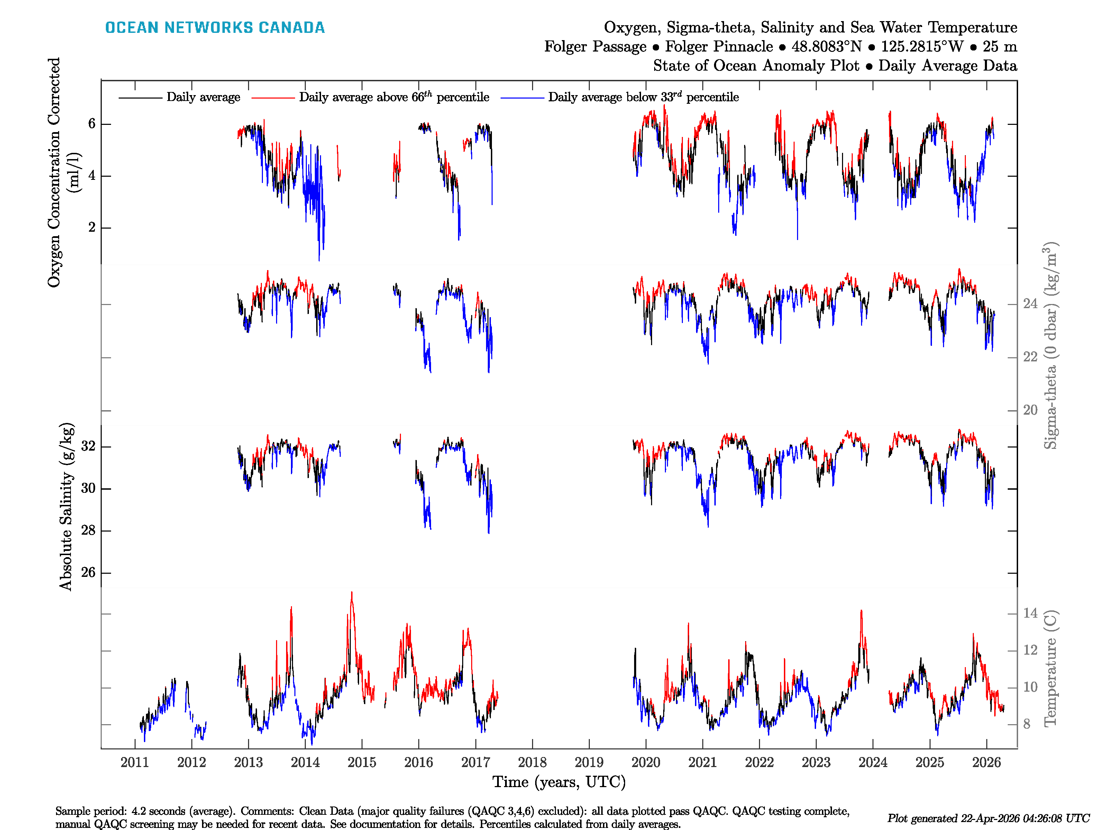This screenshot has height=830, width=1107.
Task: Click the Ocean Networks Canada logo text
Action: [x=215, y=28]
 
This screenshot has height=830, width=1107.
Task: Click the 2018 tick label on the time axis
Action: [x=532, y=763]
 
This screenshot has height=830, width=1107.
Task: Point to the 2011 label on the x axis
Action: [x=135, y=763]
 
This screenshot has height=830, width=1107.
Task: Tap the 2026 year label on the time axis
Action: [x=986, y=763]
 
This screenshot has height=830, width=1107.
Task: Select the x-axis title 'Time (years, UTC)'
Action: [x=559, y=782]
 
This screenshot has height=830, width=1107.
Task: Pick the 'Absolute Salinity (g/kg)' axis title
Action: [x=66, y=507]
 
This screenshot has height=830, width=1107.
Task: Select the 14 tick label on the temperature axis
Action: [x=1030, y=614]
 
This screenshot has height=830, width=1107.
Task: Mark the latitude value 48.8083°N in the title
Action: [x=826, y=47]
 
